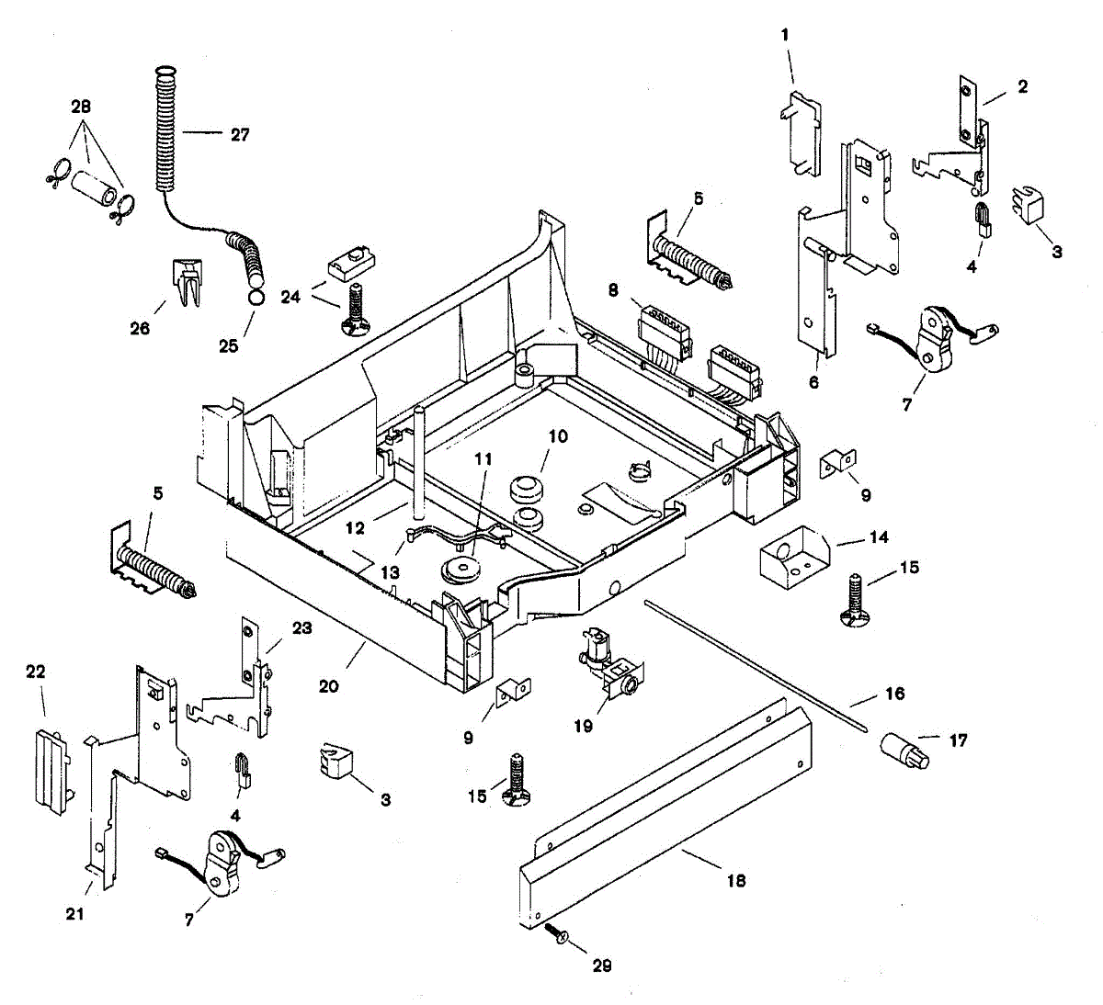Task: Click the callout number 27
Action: [240, 135]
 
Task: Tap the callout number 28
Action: [81, 107]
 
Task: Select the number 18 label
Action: [736, 880]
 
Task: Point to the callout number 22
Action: [36, 672]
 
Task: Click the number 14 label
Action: [880, 536]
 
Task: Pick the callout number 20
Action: [329, 686]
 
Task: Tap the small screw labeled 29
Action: [556, 933]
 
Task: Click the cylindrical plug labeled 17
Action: [904, 751]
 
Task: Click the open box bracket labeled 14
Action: [794, 558]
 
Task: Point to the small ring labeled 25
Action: [256, 298]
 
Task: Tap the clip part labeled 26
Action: [188, 282]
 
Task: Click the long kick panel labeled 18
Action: [665, 811]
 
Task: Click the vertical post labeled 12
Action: [419, 462]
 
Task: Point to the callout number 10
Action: [558, 436]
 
